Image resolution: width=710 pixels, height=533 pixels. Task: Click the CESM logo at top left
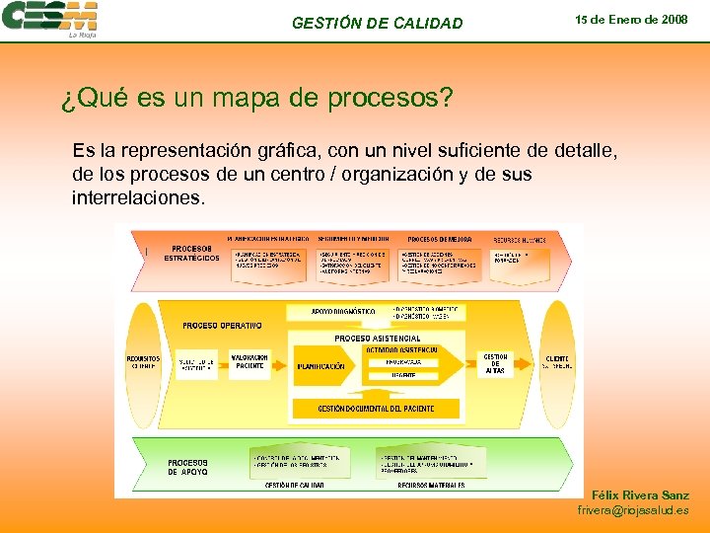[x=50, y=19]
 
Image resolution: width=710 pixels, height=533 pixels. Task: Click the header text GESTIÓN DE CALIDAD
[x=377, y=23]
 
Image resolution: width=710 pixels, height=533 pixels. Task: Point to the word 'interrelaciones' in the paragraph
[x=138, y=197]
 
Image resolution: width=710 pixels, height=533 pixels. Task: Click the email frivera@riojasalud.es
[x=633, y=510]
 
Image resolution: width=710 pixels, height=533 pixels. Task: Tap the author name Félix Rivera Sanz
[x=640, y=495]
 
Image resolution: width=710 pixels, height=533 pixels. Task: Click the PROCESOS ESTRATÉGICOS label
[x=191, y=253]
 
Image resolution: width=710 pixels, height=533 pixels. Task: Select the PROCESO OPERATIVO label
[x=222, y=325]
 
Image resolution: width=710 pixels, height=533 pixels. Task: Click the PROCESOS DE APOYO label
[x=187, y=467]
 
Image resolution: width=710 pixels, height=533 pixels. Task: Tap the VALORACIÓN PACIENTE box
[x=249, y=362]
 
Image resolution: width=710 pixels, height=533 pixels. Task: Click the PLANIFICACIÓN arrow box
[x=322, y=366]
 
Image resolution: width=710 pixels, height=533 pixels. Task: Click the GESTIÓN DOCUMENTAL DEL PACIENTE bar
[x=375, y=408]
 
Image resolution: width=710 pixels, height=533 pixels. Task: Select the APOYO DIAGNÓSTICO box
[x=342, y=312]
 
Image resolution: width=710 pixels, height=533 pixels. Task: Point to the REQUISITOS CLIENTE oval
[x=143, y=362]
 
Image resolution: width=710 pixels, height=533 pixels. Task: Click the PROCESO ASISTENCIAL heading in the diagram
[x=377, y=339]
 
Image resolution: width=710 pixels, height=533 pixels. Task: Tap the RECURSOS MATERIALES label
[x=431, y=486]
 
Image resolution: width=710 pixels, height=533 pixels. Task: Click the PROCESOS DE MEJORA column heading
[x=439, y=239]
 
